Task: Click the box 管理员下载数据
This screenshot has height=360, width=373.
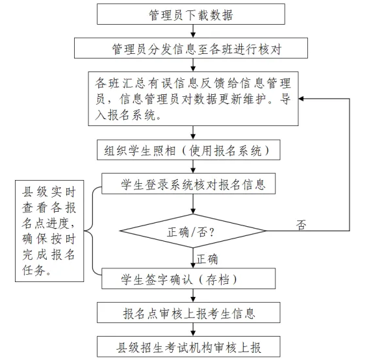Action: click(x=191, y=14)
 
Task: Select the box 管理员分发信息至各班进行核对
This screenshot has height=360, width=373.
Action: click(x=191, y=48)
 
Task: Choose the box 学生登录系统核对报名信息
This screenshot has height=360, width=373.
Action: click(x=192, y=185)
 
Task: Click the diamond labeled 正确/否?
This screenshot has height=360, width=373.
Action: click(x=192, y=231)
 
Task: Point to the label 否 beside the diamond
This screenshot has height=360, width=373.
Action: click(x=301, y=224)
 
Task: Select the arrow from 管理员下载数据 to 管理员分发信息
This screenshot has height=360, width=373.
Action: click(x=192, y=31)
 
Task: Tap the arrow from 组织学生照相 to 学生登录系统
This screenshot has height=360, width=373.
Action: click(x=192, y=167)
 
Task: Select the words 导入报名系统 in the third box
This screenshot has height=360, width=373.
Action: click(x=126, y=117)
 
